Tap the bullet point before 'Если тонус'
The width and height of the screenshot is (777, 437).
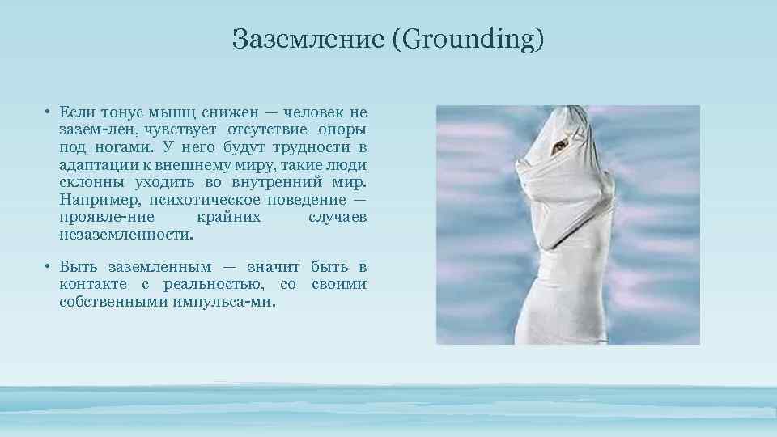pyautogui.click(x=49, y=112)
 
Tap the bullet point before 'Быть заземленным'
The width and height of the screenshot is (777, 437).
pyautogui.click(x=49, y=267)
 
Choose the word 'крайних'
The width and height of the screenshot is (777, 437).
pyautogui.click(x=229, y=218)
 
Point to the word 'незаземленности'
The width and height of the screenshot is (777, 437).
pyautogui.click(x=125, y=235)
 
